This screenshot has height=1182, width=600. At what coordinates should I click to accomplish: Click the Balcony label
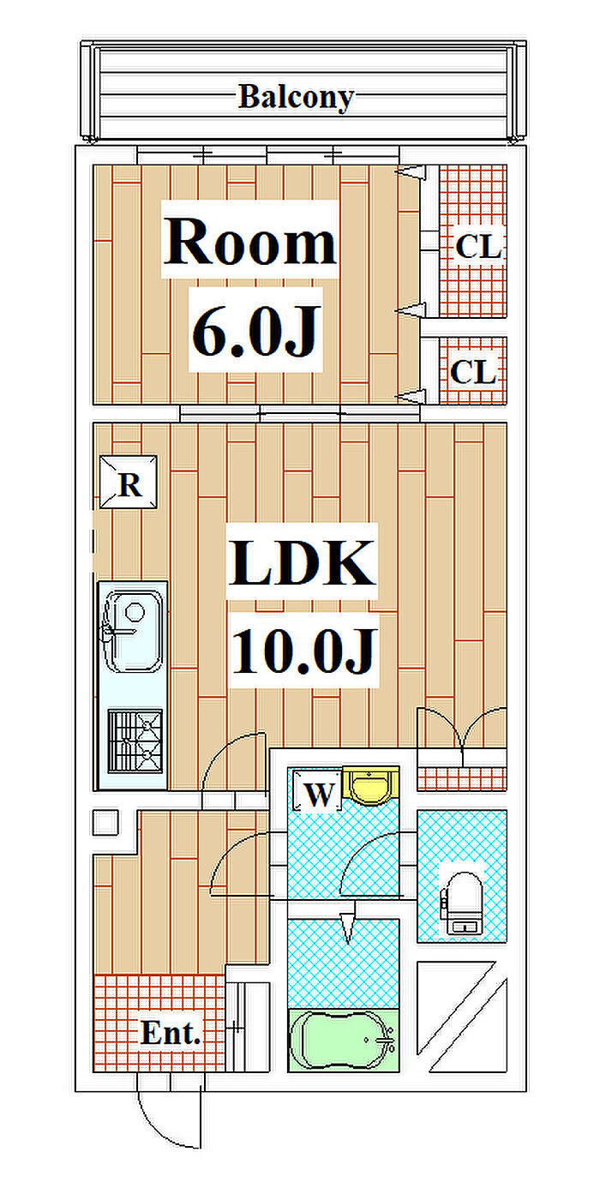pyautogui.click(x=295, y=97)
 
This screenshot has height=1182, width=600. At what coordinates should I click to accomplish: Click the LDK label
pyautogui.click(x=302, y=563)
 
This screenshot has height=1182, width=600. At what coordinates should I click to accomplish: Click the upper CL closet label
pyautogui.click(x=477, y=248)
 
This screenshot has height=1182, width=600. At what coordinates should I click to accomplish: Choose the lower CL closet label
pyautogui.click(x=473, y=373)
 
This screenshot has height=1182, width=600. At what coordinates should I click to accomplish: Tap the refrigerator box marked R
pyautogui.click(x=129, y=485)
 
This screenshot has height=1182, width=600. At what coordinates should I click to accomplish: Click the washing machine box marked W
pyautogui.click(x=318, y=794)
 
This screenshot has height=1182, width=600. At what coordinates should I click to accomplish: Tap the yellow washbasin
pyautogui.click(x=371, y=786)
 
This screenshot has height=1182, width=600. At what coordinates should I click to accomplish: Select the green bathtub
pyautogui.click(x=343, y=1040)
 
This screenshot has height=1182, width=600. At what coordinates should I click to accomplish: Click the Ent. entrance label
pyautogui.click(x=171, y=1033)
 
